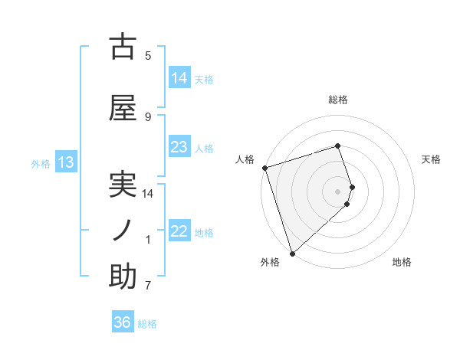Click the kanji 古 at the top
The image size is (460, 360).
(x=123, y=47)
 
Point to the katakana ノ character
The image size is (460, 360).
(x=122, y=230)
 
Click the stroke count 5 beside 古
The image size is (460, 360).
(x=148, y=56)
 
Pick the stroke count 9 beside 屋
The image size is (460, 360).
(x=148, y=117)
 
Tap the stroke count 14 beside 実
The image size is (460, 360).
(x=148, y=194)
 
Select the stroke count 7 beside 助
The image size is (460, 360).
(x=148, y=286)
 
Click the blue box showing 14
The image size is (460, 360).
(x=179, y=77)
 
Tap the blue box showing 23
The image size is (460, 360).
(x=179, y=147)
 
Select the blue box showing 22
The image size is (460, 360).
(x=179, y=231)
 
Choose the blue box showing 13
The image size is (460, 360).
(x=66, y=162)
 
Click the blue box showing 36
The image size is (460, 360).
(x=123, y=322)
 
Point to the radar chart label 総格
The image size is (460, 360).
(x=338, y=100)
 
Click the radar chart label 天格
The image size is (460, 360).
(x=432, y=159)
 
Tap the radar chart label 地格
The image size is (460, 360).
(x=402, y=263)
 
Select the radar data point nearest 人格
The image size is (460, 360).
(x=264, y=168)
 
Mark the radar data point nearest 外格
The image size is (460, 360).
(x=292, y=252)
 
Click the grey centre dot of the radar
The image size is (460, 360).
(x=338, y=191)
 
